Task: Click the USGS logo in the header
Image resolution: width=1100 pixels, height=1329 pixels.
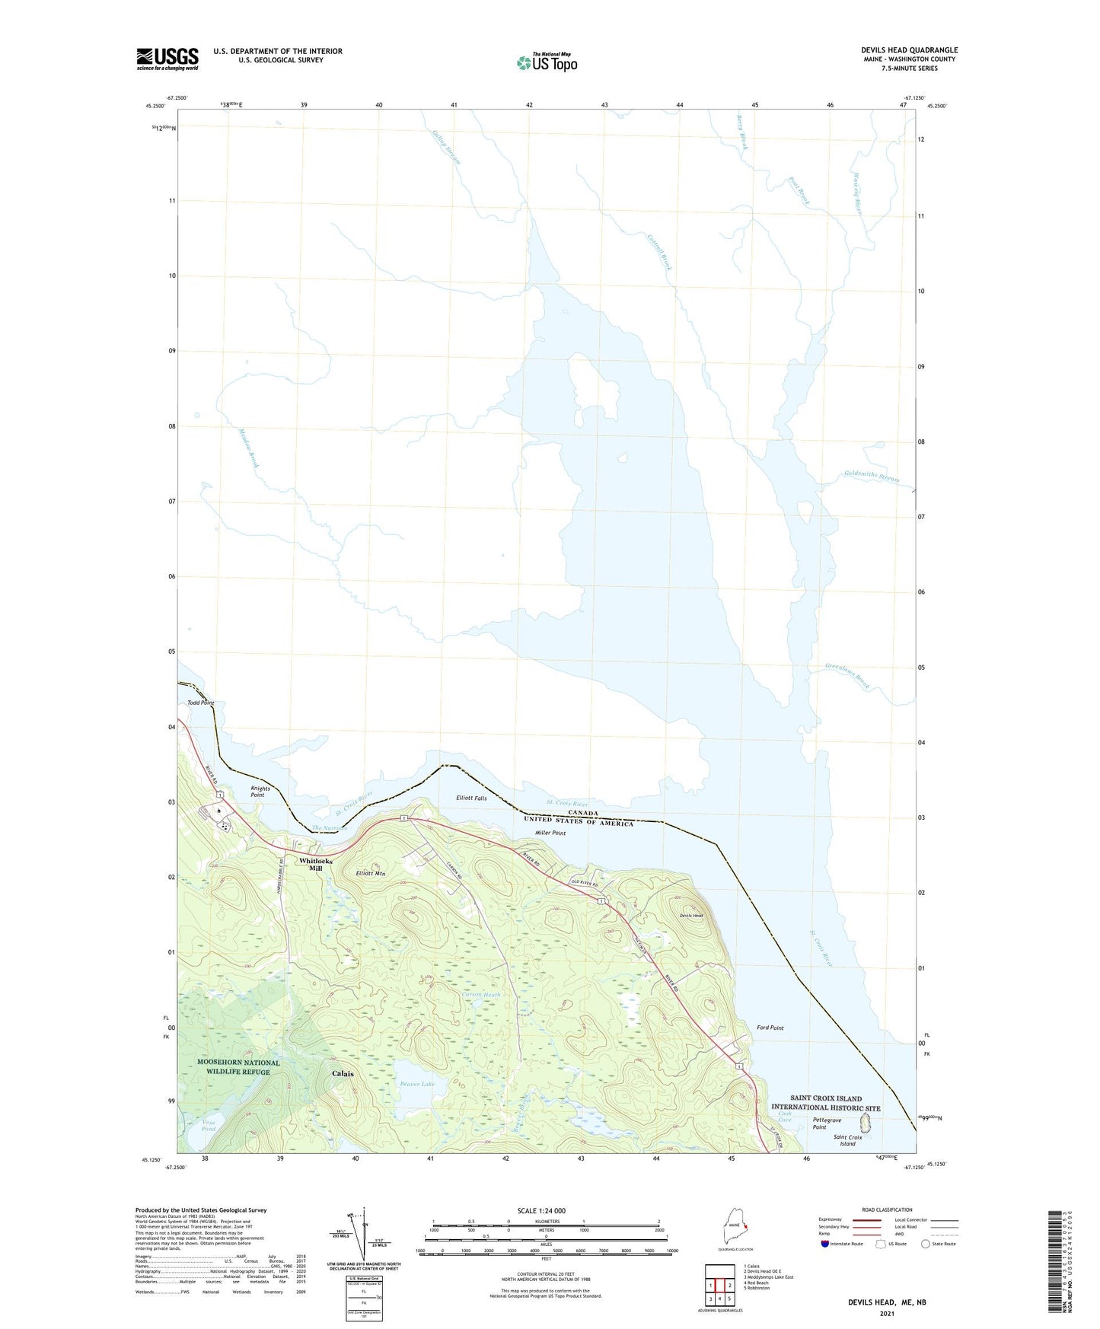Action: [x=167, y=59]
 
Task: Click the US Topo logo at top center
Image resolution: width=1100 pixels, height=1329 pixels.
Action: [x=547, y=62]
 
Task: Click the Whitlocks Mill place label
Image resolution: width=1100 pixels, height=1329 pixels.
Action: [x=315, y=864]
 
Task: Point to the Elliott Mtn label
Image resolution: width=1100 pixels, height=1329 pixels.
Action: [x=371, y=874]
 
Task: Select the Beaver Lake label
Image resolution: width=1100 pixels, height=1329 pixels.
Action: [x=417, y=1083]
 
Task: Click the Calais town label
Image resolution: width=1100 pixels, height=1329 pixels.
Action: [x=343, y=1073]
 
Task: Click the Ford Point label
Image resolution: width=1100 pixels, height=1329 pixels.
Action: [x=770, y=1028]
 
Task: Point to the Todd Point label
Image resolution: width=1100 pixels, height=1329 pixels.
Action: [x=201, y=703]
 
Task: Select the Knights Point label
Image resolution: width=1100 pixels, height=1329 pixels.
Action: [x=260, y=792]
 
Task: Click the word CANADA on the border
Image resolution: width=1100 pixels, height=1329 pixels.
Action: [x=582, y=813]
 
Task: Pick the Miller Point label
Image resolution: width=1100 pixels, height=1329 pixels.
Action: [x=550, y=833]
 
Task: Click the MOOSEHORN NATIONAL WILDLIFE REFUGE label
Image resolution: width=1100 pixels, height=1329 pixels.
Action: [x=238, y=1066]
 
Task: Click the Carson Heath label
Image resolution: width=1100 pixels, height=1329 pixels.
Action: [x=480, y=995]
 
